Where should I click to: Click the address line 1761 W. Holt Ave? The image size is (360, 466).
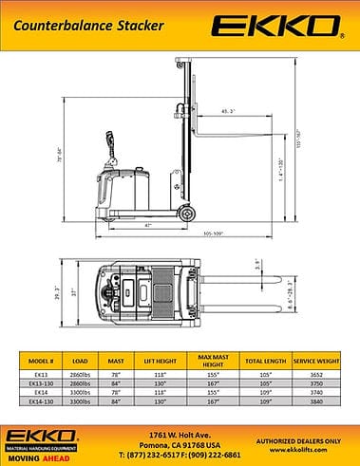click(180, 434)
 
